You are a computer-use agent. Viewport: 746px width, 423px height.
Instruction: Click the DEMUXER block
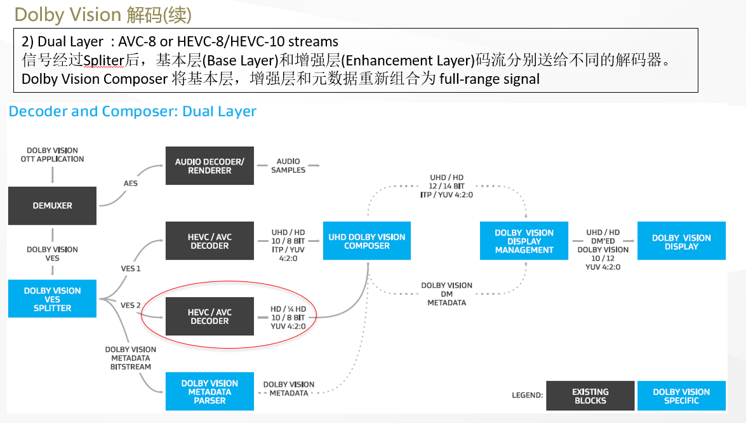click(x=52, y=206)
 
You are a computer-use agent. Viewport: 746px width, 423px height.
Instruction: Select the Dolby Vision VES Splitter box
click(x=52, y=299)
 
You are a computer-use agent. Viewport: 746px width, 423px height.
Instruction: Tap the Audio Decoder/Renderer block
click(x=210, y=166)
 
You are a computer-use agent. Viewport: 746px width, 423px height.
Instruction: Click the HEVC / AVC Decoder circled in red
click(x=210, y=317)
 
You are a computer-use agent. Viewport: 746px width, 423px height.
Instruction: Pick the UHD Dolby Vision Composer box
click(x=367, y=241)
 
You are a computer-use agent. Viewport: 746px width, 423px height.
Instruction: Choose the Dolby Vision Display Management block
click(x=524, y=241)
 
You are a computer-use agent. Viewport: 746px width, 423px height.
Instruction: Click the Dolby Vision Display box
click(x=681, y=241)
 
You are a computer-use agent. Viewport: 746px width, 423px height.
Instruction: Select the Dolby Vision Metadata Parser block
click(x=210, y=392)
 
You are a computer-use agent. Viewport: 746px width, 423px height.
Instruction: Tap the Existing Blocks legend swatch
click(x=590, y=396)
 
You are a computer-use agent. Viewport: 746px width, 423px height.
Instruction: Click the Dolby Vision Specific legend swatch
click(x=681, y=396)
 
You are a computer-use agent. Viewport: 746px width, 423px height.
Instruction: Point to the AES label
click(x=130, y=183)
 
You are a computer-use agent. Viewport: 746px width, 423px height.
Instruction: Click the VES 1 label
click(x=130, y=269)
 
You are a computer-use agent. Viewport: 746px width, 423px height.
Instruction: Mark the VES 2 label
click(x=131, y=305)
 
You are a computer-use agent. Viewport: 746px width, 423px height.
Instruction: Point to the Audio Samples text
click(x=288, y=166)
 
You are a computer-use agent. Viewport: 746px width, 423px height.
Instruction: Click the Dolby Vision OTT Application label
click(x=52, y=155)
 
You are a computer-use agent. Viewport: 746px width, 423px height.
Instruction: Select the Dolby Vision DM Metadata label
click(x=446, y=294)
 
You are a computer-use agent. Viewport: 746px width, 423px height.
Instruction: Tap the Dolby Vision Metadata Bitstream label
click(x=131, y=358)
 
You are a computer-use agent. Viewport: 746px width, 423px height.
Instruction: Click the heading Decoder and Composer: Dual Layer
click(x=132, y=112)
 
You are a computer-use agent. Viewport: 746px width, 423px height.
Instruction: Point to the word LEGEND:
click(x=527, y=396)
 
